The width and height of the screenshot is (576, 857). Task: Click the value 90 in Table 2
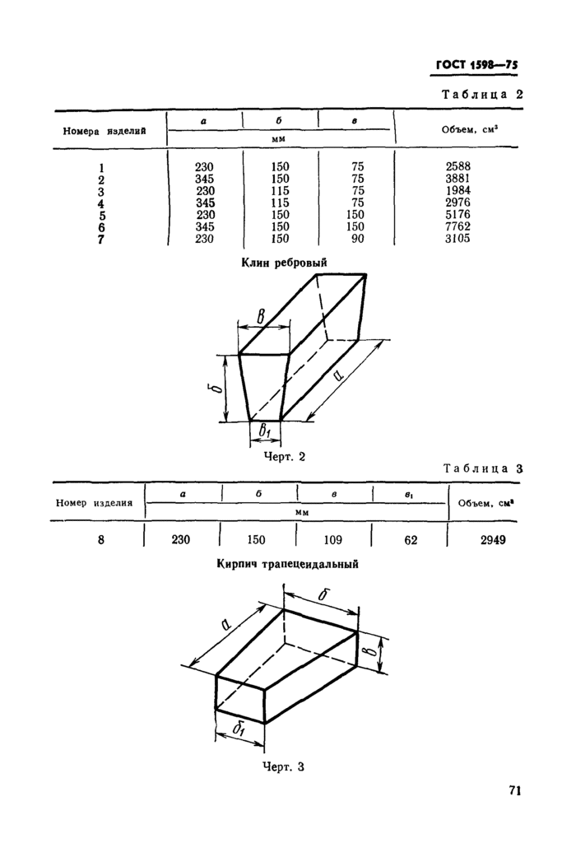tap(355, 239)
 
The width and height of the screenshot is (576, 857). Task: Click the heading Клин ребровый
tap(284, 262)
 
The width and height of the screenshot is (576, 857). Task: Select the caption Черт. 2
tap(284, 457)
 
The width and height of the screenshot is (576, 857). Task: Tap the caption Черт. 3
tap(283, 767)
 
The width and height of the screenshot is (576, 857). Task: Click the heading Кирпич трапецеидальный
tap(287, 565)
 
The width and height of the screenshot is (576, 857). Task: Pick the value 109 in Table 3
tap(334, 540)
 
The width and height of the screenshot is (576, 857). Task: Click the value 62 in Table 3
tap(411, 540)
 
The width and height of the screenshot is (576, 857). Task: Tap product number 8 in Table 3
tap(100, 540)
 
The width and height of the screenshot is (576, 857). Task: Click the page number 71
tap(515, 791)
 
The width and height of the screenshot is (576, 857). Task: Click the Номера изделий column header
tap(105, 131)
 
